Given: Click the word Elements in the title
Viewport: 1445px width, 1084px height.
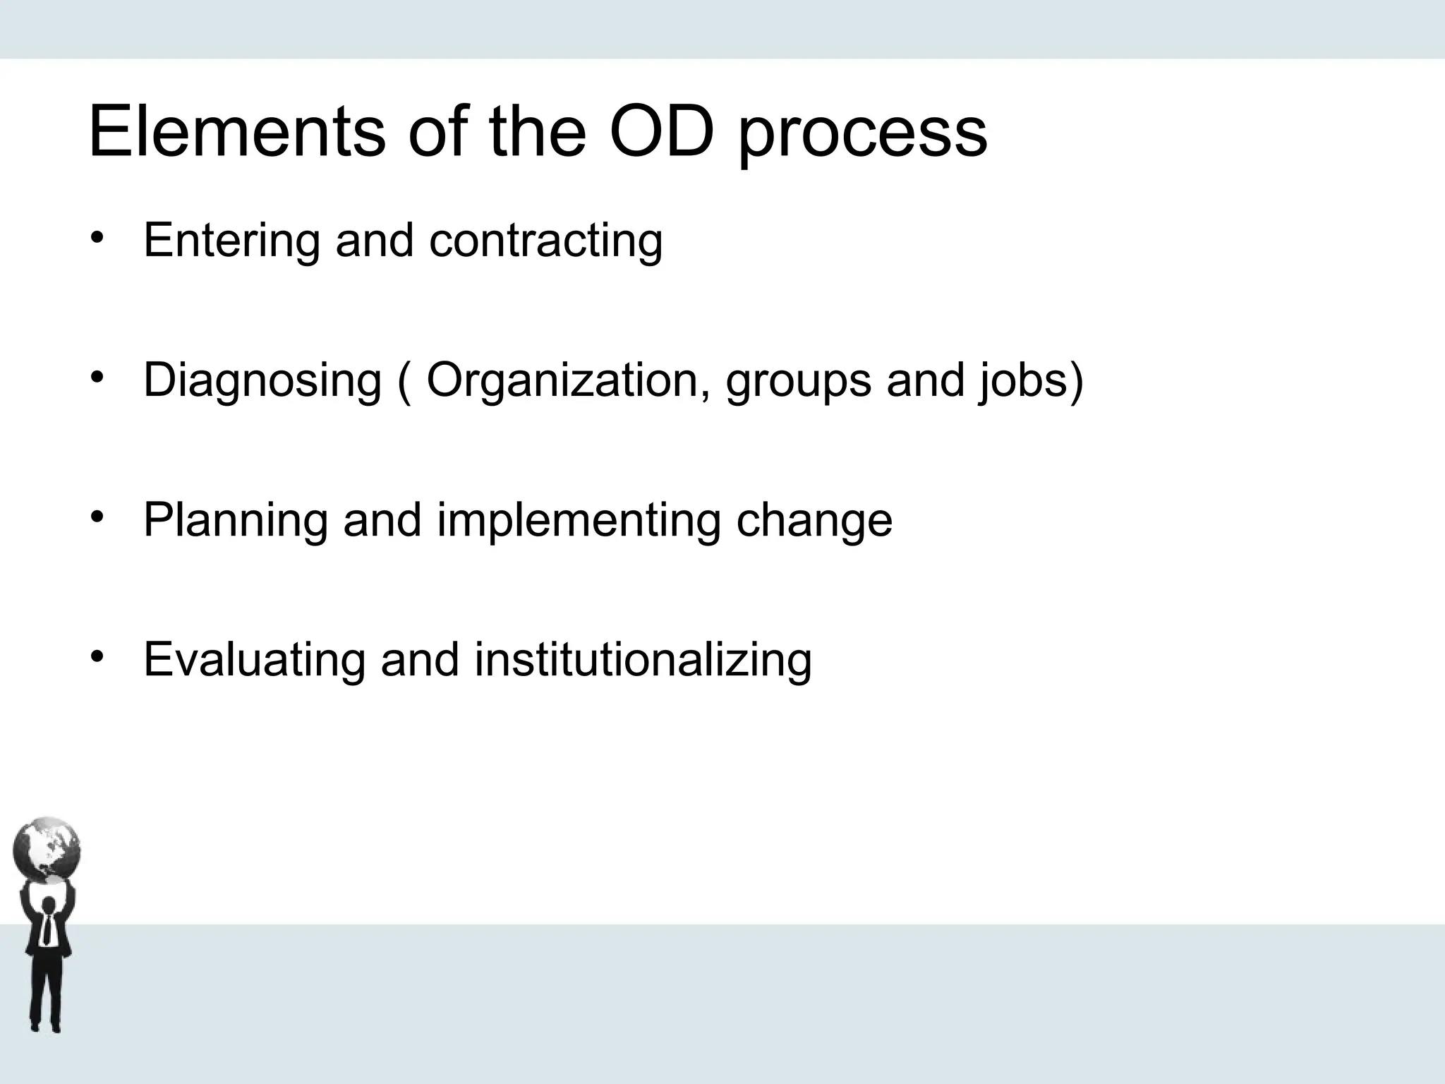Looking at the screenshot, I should click(x=237, y=131).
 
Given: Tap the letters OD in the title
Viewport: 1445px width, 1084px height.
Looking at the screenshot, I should click(x=661, y=131).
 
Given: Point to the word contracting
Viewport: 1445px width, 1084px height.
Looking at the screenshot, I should click(x=545, y=241).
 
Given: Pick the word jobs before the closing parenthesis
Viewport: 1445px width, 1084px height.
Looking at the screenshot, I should click(x=1021, y=381).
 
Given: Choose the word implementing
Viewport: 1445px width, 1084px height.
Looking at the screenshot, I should click(x=579, y=521).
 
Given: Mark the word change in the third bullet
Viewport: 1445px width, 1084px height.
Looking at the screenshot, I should click(x=814, y=519).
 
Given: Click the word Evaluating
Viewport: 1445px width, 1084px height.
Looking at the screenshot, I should click(x=255, y=660).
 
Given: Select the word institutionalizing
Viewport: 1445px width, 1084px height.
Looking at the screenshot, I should click(x=643, y=660).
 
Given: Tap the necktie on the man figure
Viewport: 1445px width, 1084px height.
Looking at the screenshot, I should click(x=47, y=929).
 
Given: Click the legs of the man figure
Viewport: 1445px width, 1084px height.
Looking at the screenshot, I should click(x=46, y=995).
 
